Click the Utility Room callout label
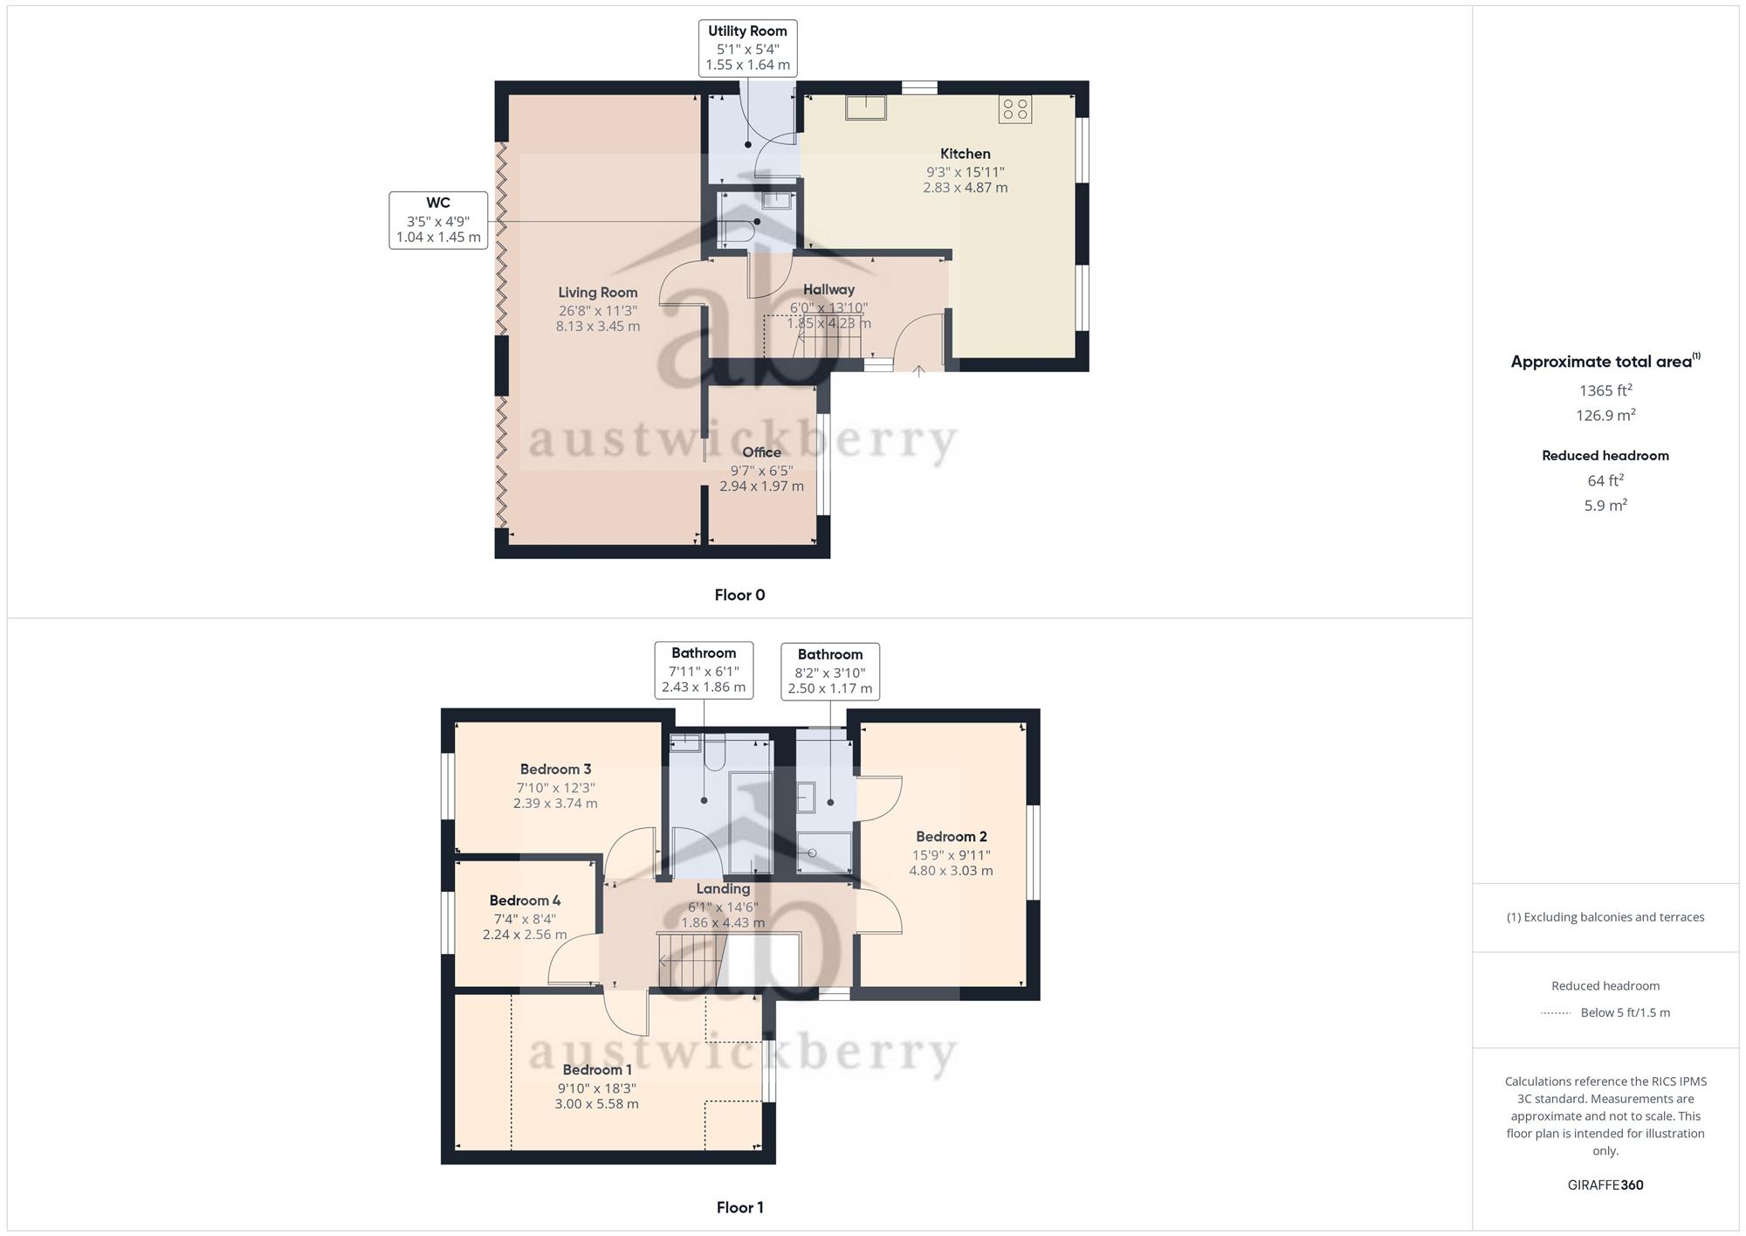pyautogui.click(x=747, y=48)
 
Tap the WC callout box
pyautogui.click(x=438, y=220)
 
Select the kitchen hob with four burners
pyautogui.click(x=1015, y=109)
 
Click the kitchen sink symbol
pyautogui.click(x=865, y=107)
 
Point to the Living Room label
pyautogui.click(x=598, y=293)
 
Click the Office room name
pyautogui.click(x=761, y=452)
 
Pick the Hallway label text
pyautogui.click(x=828, y=290)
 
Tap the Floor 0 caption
pyautogui.click(x=739, y=595)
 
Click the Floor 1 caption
pyautogui.click(x=739, y=1207)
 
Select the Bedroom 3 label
pyautogui.click(x=555, y=770)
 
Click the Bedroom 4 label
pyautogui.click(x=525, y=901)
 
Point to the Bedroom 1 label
pyautogui.click(x=597, y=1070)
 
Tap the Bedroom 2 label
pyautogui.click(x=951, y=837)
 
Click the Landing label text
pyautogui.click(x=723, y=889)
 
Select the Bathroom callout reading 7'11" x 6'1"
pyautogui.click(x=704, y=670)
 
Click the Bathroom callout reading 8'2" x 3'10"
pyautogui.click(x=830, y=672)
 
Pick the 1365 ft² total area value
pyautogui.click(x=1605, y=390)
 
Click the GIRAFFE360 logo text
pyautogui.click(x=1605, y=1185)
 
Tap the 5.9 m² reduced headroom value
pyautogui.click(x=1605, y=505)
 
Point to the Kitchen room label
pyautogui.click(x=966, y=154)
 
